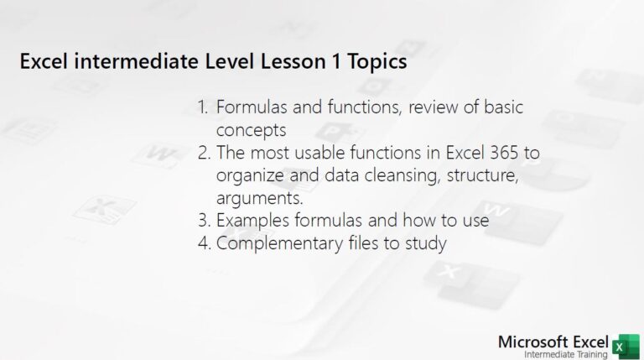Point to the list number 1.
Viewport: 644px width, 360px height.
point(203,107)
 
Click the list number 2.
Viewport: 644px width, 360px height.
point(203,153)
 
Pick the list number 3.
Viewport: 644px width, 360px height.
point(203,221)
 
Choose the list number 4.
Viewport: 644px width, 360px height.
point(203,243)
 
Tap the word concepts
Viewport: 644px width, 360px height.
point(252,130)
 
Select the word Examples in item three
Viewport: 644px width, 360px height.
point(252,221)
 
